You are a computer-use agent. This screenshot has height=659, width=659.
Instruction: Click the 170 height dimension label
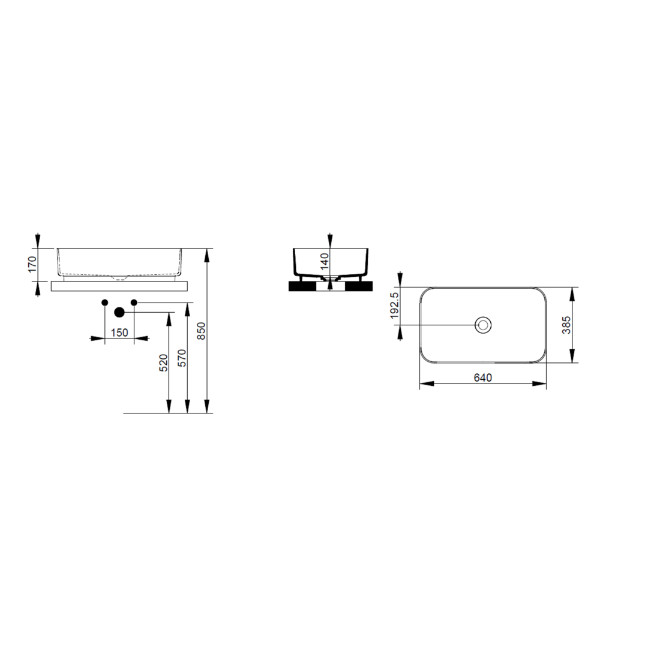point(32,264)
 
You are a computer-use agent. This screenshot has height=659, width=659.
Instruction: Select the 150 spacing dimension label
point(119,332)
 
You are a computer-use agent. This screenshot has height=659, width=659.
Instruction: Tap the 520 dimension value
point(163,363)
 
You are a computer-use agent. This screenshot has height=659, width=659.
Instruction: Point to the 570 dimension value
point(182,358)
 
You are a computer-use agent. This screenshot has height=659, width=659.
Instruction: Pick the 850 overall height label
point(201,331)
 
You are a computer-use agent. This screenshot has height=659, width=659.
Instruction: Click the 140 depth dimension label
point(324,261)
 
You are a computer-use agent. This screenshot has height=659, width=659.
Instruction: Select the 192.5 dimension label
point(394,306)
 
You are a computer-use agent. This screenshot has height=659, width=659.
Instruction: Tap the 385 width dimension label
point(567,325)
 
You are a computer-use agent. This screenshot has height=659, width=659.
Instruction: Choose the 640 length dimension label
point(483,377)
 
